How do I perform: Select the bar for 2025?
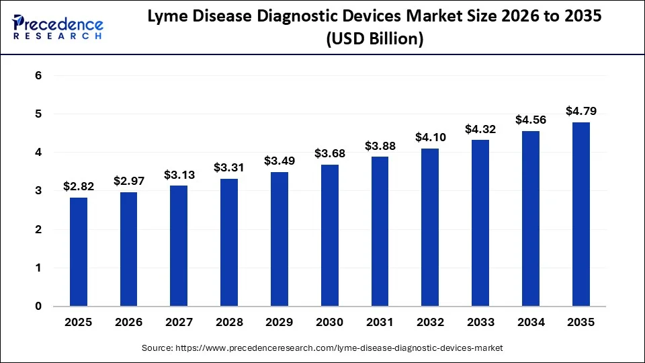point(79,252)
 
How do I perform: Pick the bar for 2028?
point(229,243)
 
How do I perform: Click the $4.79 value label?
point(581,111)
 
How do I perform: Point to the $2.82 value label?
point(79,186)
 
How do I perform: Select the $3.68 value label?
point(330,153)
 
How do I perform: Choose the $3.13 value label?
point(179,174)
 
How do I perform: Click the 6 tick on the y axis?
point(38,76)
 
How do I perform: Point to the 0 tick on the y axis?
point(38,307)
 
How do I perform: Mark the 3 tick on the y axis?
point(38,192)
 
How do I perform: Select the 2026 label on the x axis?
point(128,323)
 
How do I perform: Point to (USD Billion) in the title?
point(374,40)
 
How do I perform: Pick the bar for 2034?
point(531,218)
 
